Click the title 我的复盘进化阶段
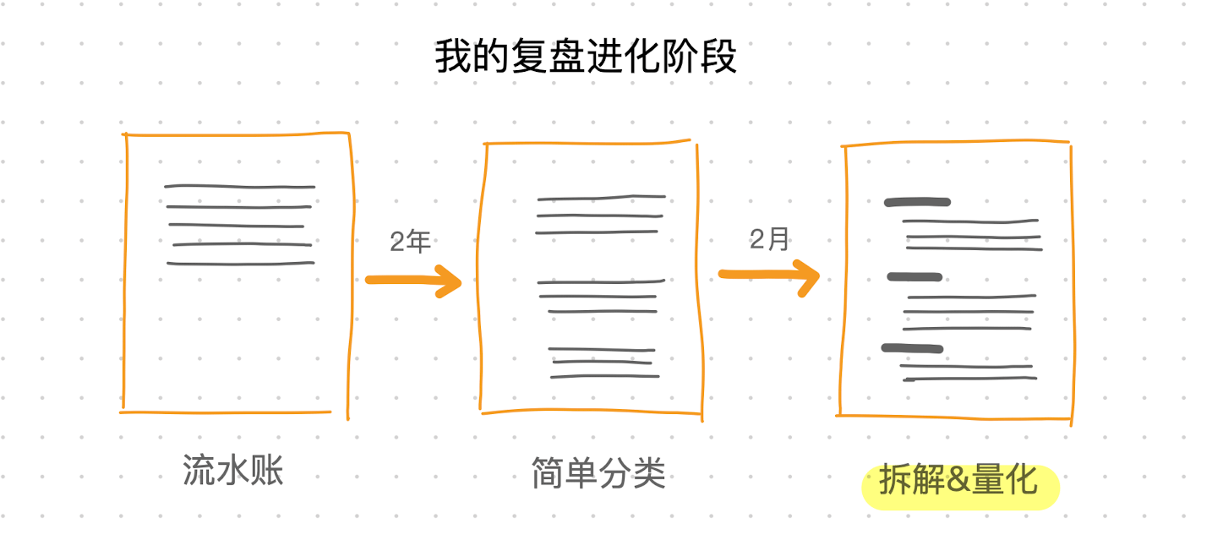(x=586, y=57)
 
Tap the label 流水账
(x=233, y=470)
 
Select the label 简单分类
(x=598, y=473)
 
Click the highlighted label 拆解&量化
(x=958, y=479)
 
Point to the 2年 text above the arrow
(x=410, y=242)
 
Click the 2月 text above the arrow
(x=769, y=238)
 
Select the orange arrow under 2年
(x=413, y=281)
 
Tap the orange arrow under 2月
(x=769, y=277)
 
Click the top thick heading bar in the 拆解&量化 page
(x=917, y=203)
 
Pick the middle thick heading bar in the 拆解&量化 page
(x=914, y=277)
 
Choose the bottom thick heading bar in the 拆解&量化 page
(x=912, y=348)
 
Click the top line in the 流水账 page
(x=240, y=187)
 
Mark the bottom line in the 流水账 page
(x=241, y=264)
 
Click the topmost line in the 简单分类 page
(x=601, y=198)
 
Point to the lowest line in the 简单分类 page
(x=604, y=375)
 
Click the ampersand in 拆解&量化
(x=958, y=480)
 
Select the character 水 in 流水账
(x=233, y=470)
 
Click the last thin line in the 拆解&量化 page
(x=969, y=379)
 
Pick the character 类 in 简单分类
(x=649, y=473)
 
